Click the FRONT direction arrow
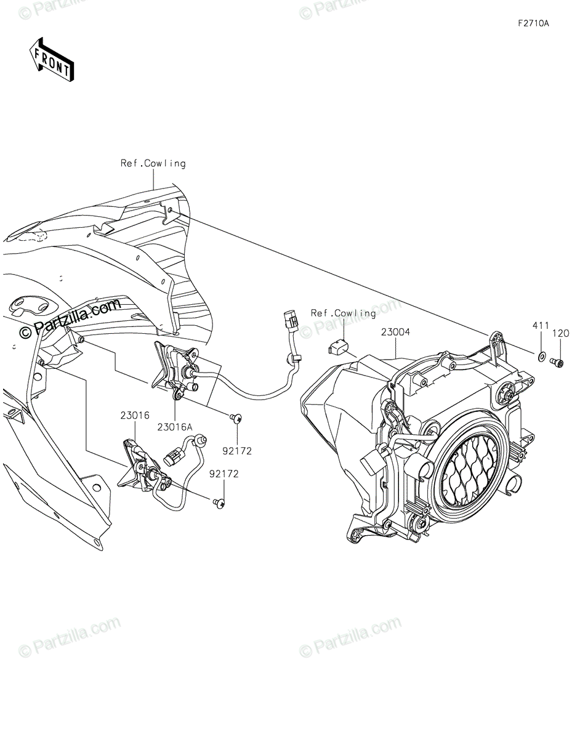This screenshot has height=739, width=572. click(x=52, y=60)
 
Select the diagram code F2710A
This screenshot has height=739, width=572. click(x=533, y=24)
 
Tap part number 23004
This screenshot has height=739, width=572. click(x=395, y=332)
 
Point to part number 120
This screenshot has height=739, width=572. click(x=561, y=333)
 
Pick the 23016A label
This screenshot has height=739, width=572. click(x=174, y=426)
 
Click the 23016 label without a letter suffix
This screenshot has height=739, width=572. click(x=135, y=415)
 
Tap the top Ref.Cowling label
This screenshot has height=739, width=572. click(x=153, y=163)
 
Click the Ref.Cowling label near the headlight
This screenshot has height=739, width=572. click(x=343, y=313)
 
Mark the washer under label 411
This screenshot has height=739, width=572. click(x=540, y=356)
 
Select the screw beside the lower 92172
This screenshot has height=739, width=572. click(x=218, y=504)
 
